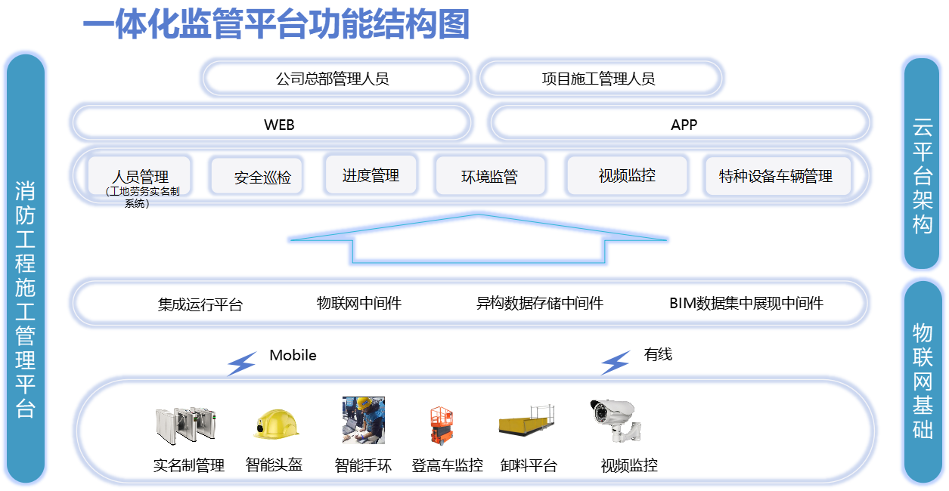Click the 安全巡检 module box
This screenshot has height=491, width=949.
[256, 178]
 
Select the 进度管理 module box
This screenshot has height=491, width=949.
[371, 175]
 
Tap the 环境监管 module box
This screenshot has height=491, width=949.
[489, 177]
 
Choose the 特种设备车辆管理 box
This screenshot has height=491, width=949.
[777, 177]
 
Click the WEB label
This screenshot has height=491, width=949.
[279, 125]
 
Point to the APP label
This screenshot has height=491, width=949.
[684, 125]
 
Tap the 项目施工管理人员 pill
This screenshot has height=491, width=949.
[600, 79]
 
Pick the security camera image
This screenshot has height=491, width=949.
[616, 420]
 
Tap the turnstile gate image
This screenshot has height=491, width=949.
[184, 425]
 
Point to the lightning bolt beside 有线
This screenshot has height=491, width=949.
[616, 363]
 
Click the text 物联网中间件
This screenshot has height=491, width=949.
[358, 304]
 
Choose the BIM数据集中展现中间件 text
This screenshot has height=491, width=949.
[746, 304]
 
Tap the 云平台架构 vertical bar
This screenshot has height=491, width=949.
[923, 164]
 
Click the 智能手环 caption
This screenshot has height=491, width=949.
[363, 465]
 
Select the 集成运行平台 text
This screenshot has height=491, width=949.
[200, 305]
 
